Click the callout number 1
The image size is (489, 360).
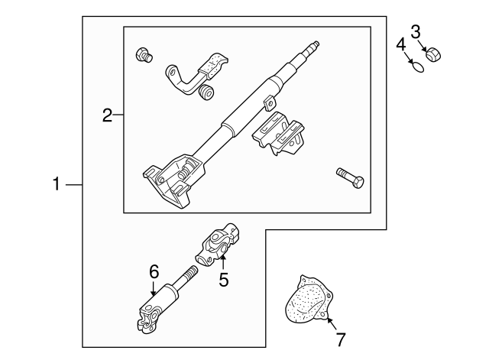point(57,183)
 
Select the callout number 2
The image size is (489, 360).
point(107,115)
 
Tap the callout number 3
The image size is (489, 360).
point(416,32)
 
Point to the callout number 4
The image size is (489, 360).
point(401,44)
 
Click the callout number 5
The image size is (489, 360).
point(224,279)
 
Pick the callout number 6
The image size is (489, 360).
point(154,271)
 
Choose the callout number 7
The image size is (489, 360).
point(340,339)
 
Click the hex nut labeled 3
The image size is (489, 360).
point(433,54)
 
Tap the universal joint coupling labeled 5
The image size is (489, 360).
point(218,245)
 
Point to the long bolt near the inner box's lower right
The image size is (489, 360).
point(350,178)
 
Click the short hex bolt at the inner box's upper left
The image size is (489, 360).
point(144,55)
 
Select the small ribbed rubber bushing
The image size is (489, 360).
point(206,92)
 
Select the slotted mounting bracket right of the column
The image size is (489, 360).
point(278,134)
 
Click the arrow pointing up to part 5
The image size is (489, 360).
point(223,262)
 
